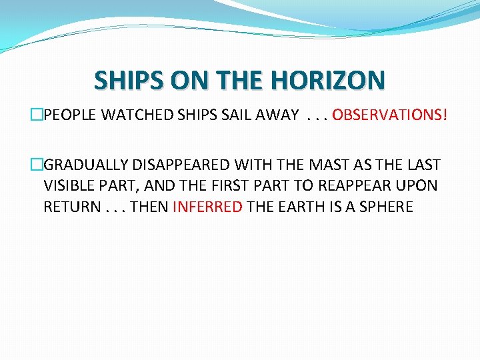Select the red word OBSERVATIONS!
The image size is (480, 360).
pos(390,115)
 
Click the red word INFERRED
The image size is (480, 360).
pos(207,207)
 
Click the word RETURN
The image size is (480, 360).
pos(69,207)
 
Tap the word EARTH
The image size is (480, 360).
pos(299,207)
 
